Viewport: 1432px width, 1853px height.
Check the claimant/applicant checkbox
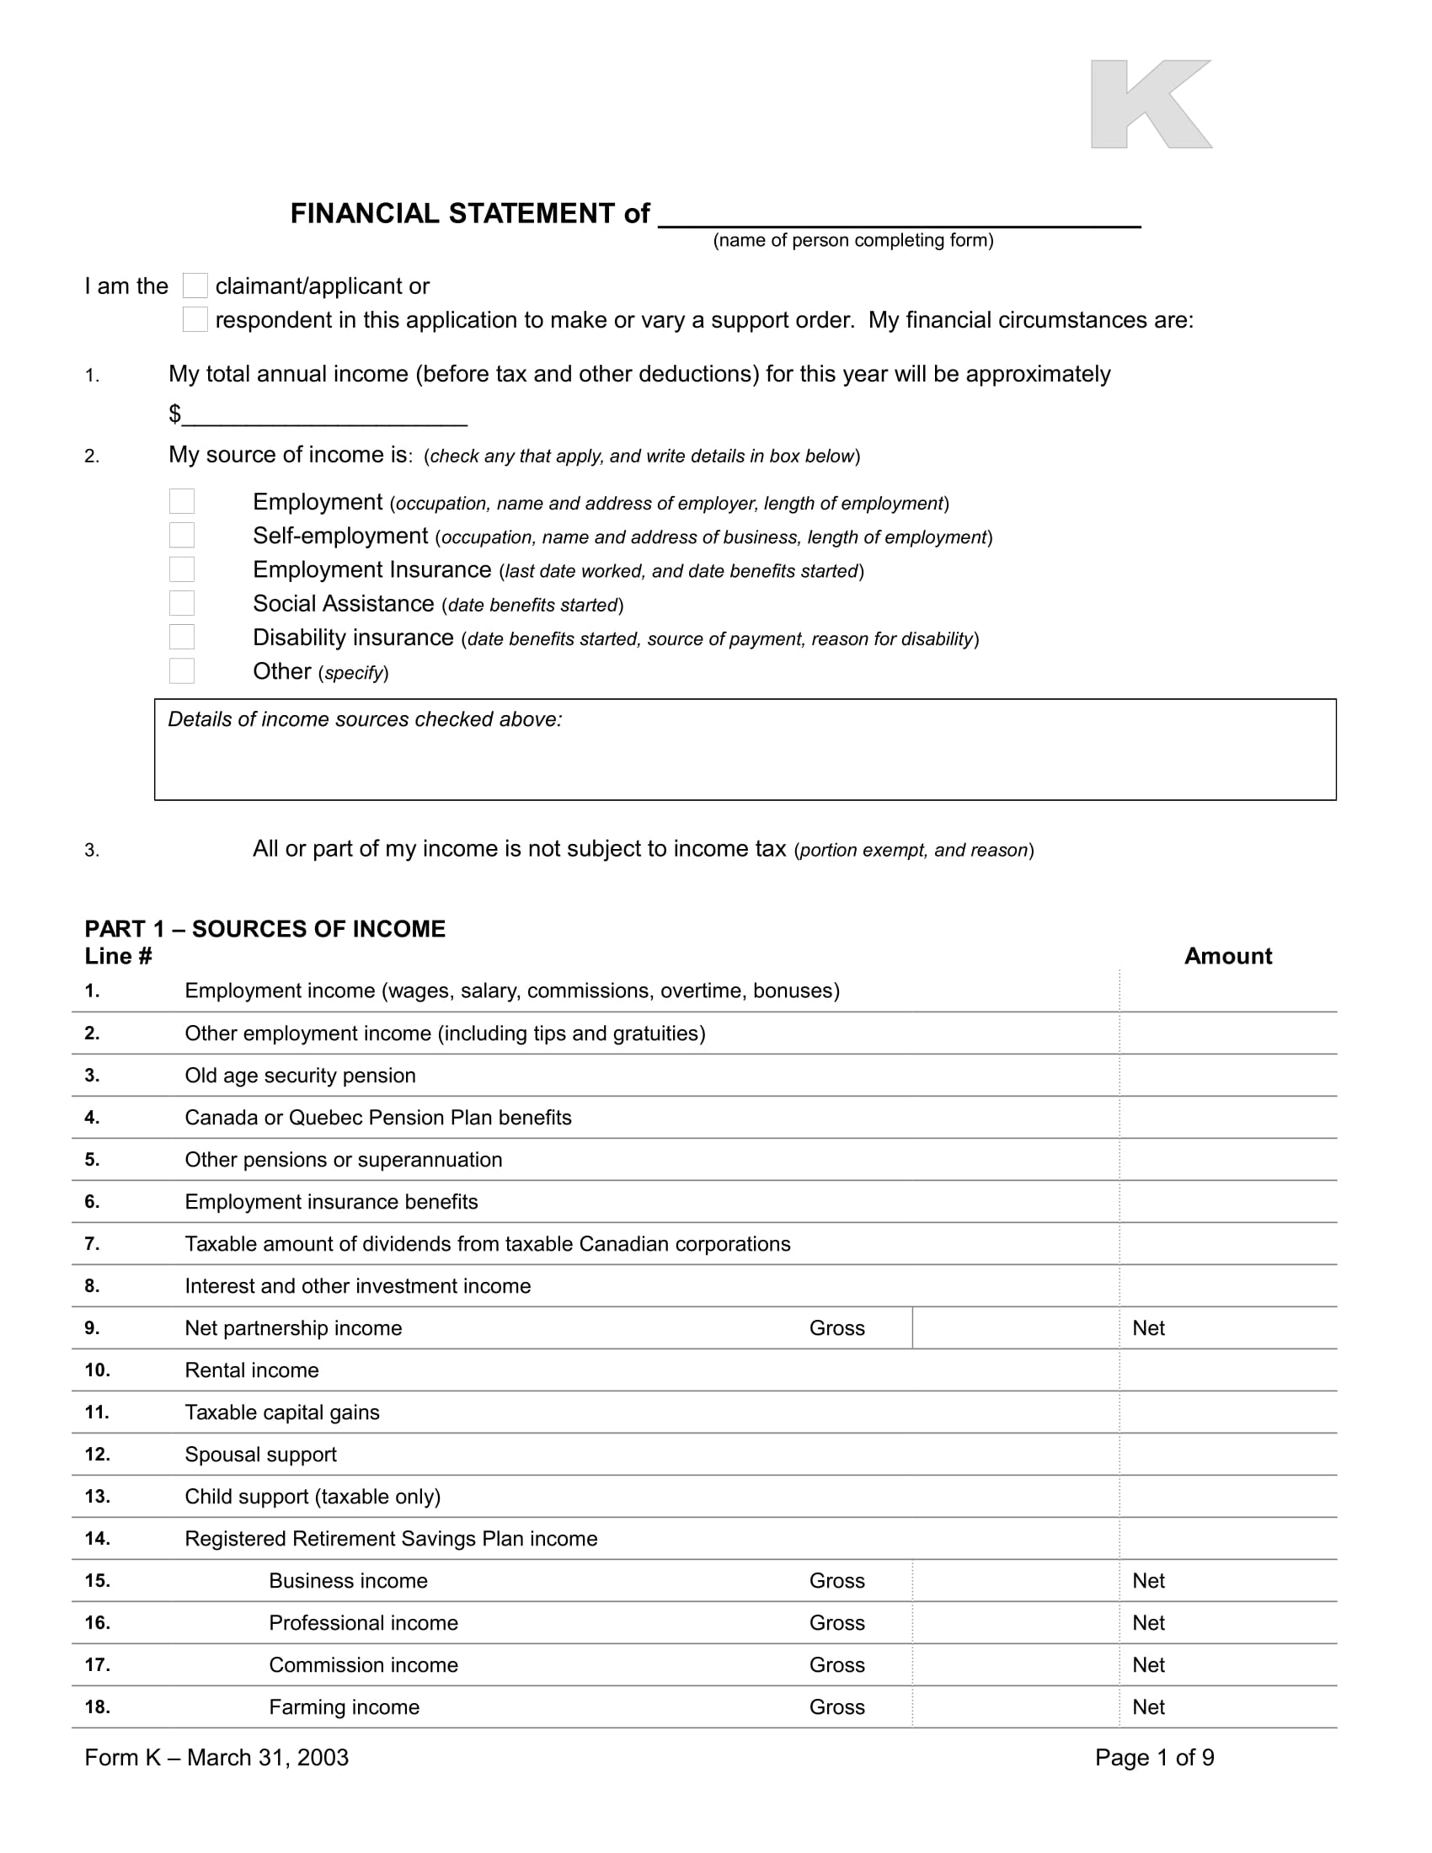click(x=195, y=286)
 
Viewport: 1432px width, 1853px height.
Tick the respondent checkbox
click(x=195, y=320)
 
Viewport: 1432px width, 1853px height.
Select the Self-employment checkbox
click(x=182, y=536)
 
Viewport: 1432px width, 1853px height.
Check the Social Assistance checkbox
click(x=182, y=603)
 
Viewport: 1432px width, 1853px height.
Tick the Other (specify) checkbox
click(x=182, y=671)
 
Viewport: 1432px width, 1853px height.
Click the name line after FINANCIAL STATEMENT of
click(x=900, y=216)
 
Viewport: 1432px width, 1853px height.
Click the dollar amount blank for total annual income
click(x=325, y=415)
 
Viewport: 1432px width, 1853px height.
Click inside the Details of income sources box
click(x=745, y=760)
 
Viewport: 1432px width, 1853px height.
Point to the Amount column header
click(x=1227, y=956)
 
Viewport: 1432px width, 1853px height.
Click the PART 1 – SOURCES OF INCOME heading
click(x=264, y=929)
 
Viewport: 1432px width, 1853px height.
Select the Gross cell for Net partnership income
click(x=1016, y=1327)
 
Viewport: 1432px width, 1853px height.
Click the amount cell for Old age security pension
click(x=1227, y=1075)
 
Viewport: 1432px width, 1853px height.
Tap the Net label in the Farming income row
click(x=1148, y=1707)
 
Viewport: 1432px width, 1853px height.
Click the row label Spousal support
click(x=260, y=1455)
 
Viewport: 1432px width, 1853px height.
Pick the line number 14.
click(x=98, y=1538)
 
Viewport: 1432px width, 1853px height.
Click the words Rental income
click(x=252, y=1370)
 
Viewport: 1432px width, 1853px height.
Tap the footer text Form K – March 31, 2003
click(x=216, y=1757)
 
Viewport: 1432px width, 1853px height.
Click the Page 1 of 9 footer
click(x=1154, y=1757)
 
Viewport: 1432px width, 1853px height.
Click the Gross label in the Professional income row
click(x=836, y=1622)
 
